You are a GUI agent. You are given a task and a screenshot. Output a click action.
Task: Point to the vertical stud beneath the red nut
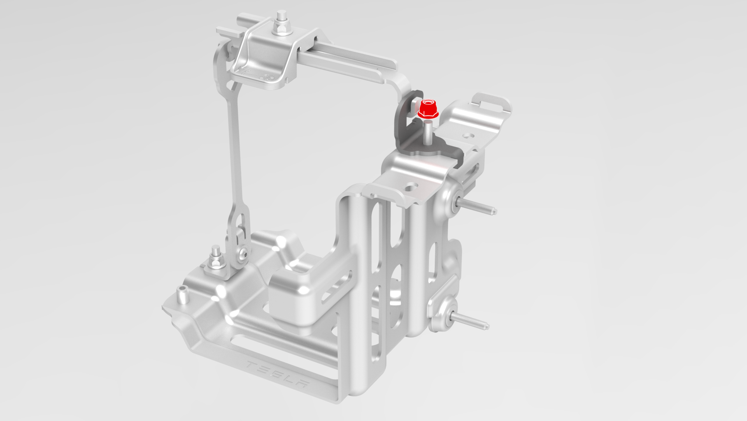(x=427, y=134)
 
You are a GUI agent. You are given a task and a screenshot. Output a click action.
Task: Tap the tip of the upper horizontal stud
(x=494, y=212)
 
